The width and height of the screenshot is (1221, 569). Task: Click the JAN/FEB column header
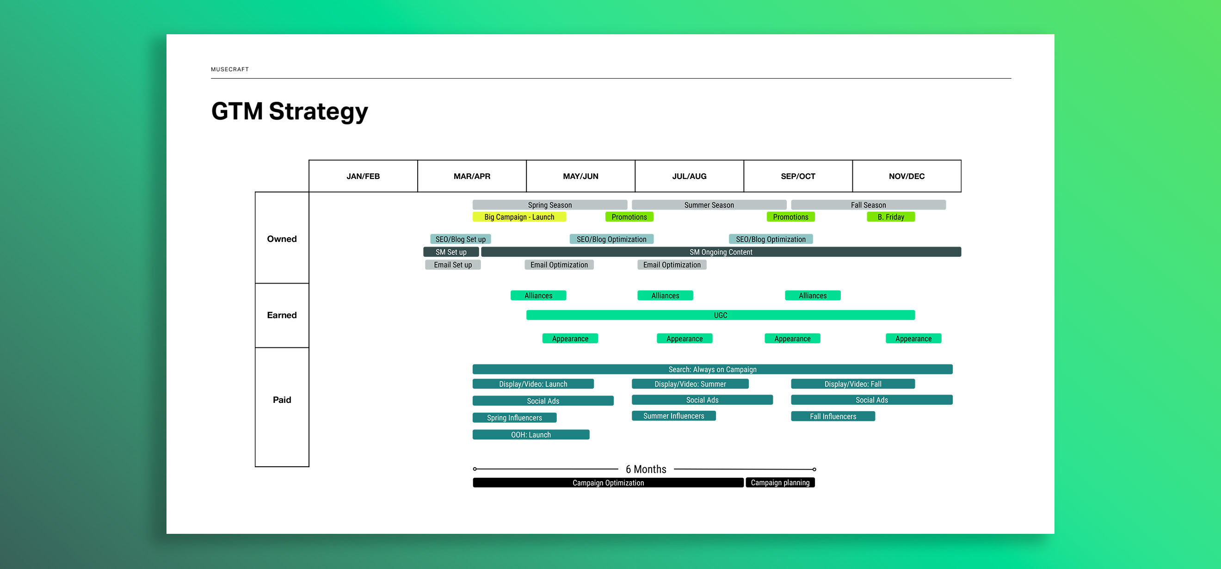[x=363, y=176]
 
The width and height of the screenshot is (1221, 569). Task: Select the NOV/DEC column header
[x=906, y=176]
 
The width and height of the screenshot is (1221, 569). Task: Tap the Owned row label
[x=282, y=239]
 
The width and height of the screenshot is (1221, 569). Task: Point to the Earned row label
[x=282, y=315]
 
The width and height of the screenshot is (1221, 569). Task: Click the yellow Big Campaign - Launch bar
[x=519, y=217]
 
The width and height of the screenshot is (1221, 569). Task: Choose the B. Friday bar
[x=891, y=217]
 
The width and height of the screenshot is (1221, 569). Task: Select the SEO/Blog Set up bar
[x=460, y=240]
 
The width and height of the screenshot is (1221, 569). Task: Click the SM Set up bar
[x=451, y=252]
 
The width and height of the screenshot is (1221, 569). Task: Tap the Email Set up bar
[x=453, y=265]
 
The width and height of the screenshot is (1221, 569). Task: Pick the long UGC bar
[x=720, y=315]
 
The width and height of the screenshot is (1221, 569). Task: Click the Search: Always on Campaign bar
[x=712, y=369]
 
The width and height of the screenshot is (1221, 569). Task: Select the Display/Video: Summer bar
[x=690, y=384]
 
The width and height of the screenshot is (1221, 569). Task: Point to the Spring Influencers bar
[x=514, y=418]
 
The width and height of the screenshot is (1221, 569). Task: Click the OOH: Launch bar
[x=531, y=435]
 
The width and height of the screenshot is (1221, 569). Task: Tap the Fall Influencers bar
[x=833, y=416]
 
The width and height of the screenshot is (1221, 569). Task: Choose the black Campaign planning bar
[x=780, y=482]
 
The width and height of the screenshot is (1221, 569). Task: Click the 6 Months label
[x=646, y=470]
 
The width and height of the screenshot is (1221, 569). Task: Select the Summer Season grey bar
[x=709, y=205]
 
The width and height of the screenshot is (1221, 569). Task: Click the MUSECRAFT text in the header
[x=230, y=69]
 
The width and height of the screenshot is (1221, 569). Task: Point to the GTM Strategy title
[x=290, y=111]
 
